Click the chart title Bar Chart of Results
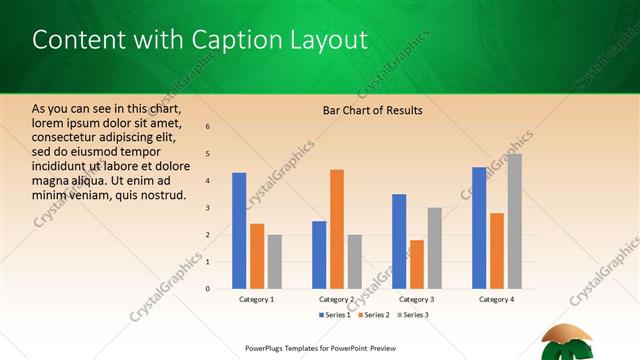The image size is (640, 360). (x=372, y=110)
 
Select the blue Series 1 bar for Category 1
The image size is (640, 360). (x=239, y=230)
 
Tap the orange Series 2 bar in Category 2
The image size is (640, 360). (x=337, y=229)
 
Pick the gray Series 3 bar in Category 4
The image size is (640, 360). (x=514, y=221)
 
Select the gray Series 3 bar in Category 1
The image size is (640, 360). (x=274, y=261)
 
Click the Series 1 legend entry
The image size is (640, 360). (x=335, y=315)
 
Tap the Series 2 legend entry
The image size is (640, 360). (x=374, y=315)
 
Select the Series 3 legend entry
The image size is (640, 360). (x=413, y=315)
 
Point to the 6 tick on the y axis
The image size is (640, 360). (x=207, y=127)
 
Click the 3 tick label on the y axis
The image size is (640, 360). (x=207, y=208)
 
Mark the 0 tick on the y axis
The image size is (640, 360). (x=207, y=289)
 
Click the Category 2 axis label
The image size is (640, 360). (x=337, y=299)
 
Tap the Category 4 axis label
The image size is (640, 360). (x=497, y=299)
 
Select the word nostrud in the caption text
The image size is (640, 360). (x=161, y=194)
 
